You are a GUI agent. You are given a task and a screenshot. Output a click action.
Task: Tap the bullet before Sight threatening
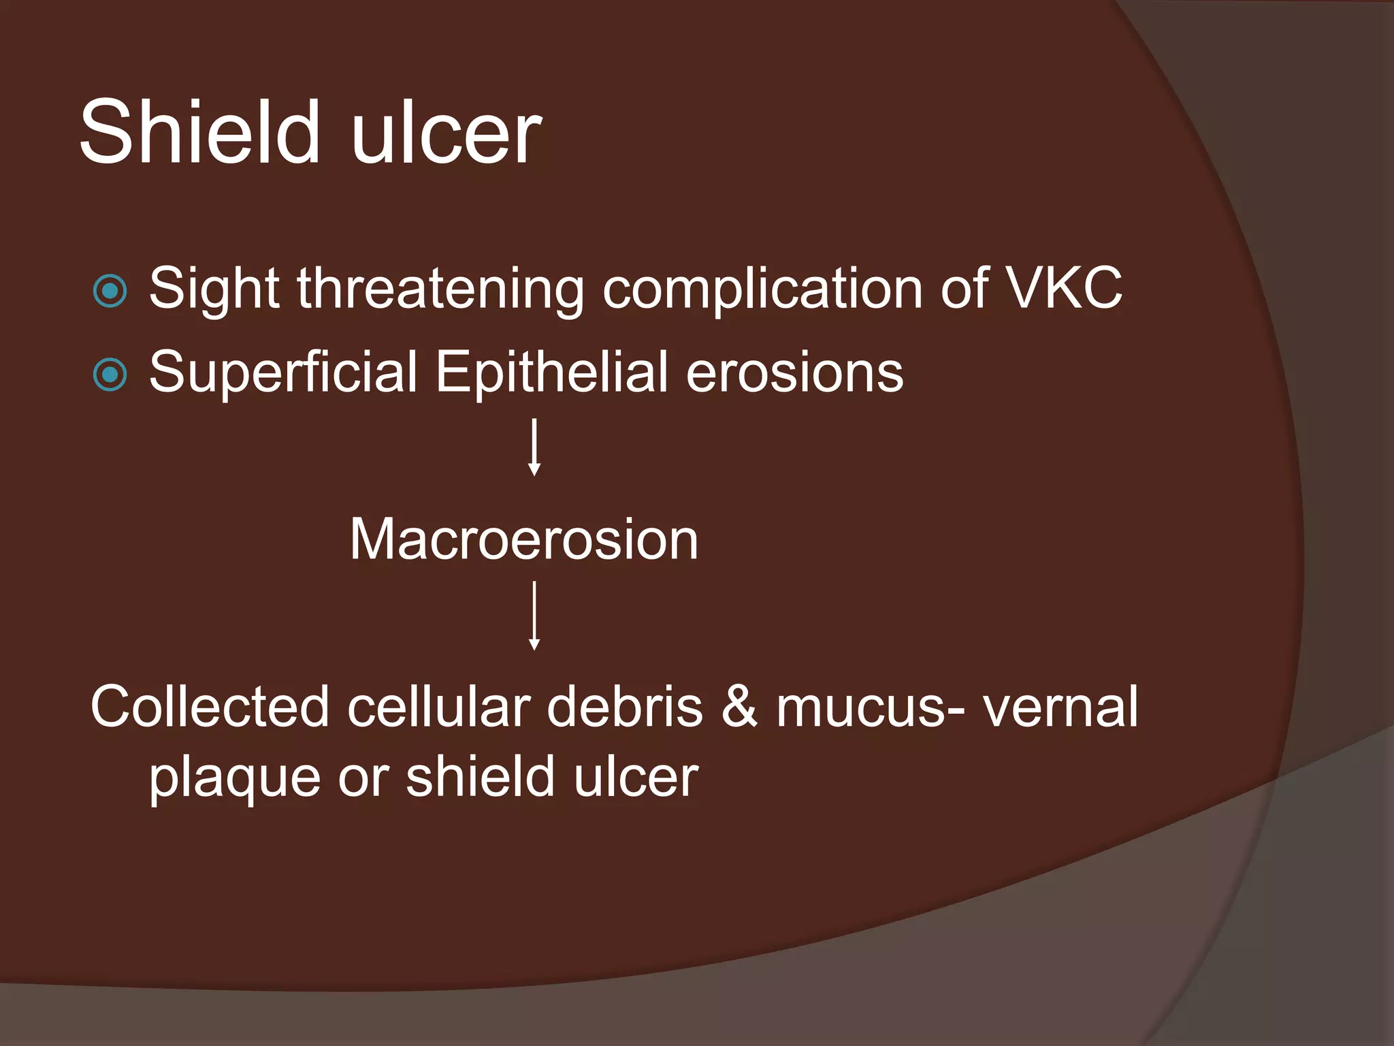click(x=110, y=291)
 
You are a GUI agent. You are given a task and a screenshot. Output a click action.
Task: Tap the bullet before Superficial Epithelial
click(x=110, y=375)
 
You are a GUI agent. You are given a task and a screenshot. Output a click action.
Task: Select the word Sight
click(x=214, y=289)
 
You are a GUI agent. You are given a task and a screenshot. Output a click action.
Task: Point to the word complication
click(x=762, y=289)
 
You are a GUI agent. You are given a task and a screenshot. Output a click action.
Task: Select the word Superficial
click(x=283, y=372)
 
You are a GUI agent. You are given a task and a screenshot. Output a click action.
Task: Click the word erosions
click(x=794, y=372)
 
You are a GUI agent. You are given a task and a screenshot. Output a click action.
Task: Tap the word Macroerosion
click(x=523, y=539)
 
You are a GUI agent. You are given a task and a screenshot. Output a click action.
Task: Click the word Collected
click(x=210, y=707)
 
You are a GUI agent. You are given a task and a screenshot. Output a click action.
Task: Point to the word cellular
click(x=438, y=707)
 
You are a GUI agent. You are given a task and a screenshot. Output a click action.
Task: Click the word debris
click(x=624, y=707)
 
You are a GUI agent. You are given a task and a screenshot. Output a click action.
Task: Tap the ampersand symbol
click(x=739, y=707)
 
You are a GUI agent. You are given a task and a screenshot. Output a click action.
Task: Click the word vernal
click(x=1060, y=707)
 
